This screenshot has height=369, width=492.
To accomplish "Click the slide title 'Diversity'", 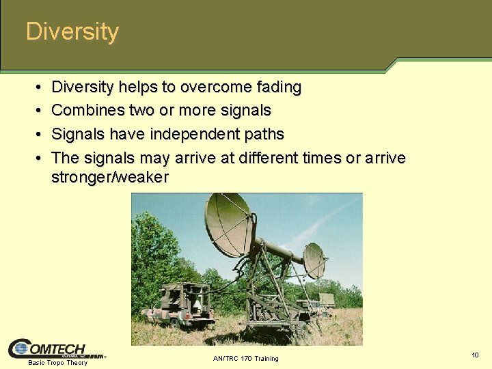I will [72, 32].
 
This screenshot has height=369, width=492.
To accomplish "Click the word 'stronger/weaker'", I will [109, 178].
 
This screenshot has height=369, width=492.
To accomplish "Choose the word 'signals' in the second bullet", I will [245, 111].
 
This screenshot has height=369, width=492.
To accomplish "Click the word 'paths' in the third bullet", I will [264, 134].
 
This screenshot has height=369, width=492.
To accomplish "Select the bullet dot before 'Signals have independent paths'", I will [36, 135].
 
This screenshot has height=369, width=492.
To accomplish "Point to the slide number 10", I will [474, 355].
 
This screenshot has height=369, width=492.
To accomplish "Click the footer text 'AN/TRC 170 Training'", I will [245, 359].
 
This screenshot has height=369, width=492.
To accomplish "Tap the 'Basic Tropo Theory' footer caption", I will [57, 363].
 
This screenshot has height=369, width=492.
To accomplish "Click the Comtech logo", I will [55, 348].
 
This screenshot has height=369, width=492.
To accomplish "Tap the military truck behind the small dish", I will [322, 301].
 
